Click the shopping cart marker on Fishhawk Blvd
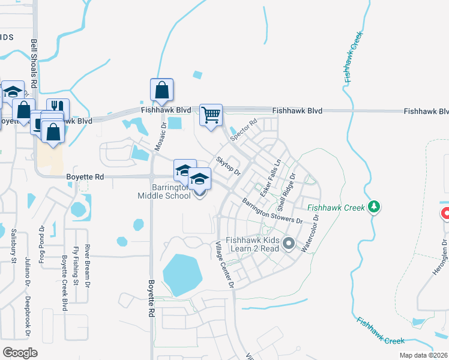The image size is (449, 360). pos(211,114)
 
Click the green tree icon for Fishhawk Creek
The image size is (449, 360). pos(375,207)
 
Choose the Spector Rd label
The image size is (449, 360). pos(244,130)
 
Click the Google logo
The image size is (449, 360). pos(20,352)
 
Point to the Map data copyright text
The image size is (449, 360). pos(424,355)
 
